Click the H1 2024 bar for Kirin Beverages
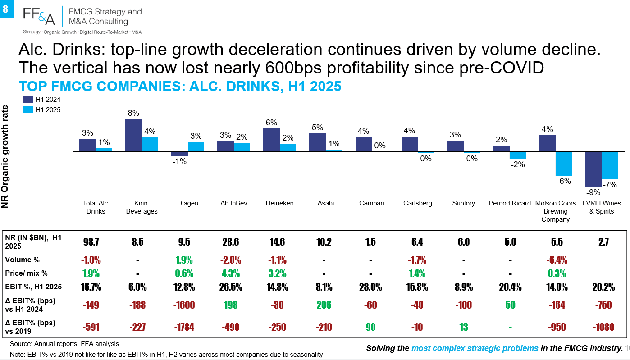[x=133, y=135]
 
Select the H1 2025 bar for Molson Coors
[x=564, y=164]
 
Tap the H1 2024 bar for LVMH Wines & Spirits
[x=593, y=169]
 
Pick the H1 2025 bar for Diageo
[x=196, y=147]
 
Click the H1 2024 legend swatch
[x=28, y=99]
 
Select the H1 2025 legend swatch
[x=28, y=109]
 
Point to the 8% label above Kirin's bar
[x=133, y=113]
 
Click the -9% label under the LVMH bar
[x=593, y=192]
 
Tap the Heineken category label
[x=279, y=203]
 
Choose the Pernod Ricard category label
[x=510, y=203]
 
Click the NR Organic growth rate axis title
[x=5, y=156]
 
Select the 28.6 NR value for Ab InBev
[x=231, y=242]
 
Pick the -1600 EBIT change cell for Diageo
[x=184, y=305]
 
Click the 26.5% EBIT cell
[x=231, y=287]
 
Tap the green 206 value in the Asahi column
[x=324, y=305]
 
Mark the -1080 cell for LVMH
[x=603, y=327]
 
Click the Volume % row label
[x=22, y=260]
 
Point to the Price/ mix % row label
[x=26, y=273]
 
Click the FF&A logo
[x=39, y=16]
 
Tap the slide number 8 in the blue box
[x=5, y=9]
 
